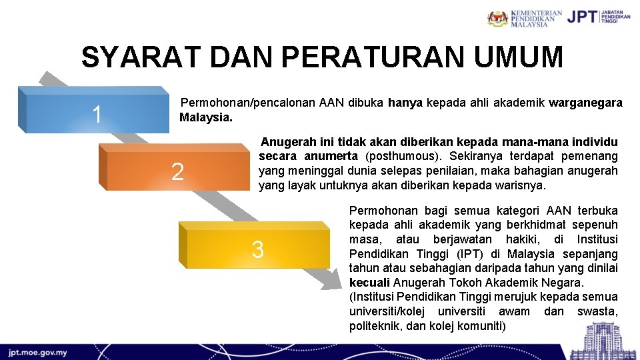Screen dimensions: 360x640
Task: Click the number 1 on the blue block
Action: (97, 115)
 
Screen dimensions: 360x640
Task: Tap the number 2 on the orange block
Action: (177, 172)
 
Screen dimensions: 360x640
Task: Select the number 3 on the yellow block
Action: (257, 250)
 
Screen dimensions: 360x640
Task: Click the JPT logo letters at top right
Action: (581, 17)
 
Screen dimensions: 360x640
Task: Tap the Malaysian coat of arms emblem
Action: (497, 18)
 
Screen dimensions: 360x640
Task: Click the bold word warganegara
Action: (585, 103)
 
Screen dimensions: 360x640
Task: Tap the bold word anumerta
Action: (332, 157)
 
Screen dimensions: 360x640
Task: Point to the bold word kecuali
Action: (369, 282)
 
